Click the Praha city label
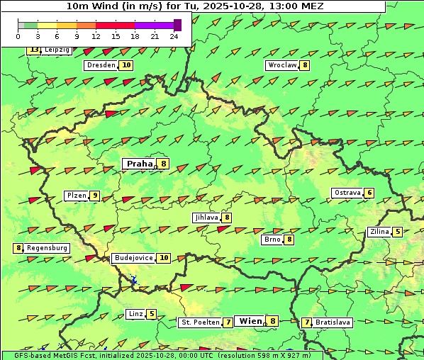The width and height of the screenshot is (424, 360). (x=140, y=164)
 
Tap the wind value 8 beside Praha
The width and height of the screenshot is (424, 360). (x=164, y=164)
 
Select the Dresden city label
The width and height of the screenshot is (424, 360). (x=100, y=65)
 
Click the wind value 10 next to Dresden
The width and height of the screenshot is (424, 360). (x=126, y=65)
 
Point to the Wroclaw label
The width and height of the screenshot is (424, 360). (x=281, y=65)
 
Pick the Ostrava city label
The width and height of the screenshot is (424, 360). (x=347, y=193)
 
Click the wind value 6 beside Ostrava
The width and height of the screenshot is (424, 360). (x=369, y=193)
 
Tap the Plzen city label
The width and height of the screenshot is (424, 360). (x=76, y=196)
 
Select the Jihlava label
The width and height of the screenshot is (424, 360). (x=206, y=218)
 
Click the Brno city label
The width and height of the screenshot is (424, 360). (x=272, y=240)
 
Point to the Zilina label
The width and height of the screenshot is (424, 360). (x=379, y=232)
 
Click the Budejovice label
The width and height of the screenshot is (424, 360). (x=133, y=258)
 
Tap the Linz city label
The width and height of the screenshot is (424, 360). (x=135, y=314)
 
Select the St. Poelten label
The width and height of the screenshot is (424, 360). (x=199, y=322)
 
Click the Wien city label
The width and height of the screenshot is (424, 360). (x=250, y=321)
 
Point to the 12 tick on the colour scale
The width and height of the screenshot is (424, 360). (x=96, y=35)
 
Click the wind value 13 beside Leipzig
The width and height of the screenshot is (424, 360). (x=33, y=50)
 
